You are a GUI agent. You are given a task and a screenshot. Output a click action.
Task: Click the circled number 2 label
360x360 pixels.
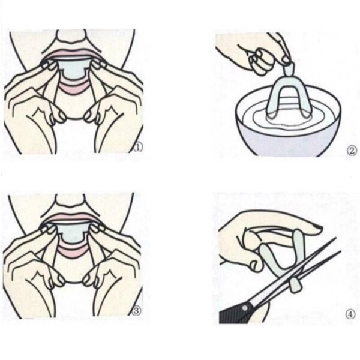[352, 150]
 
